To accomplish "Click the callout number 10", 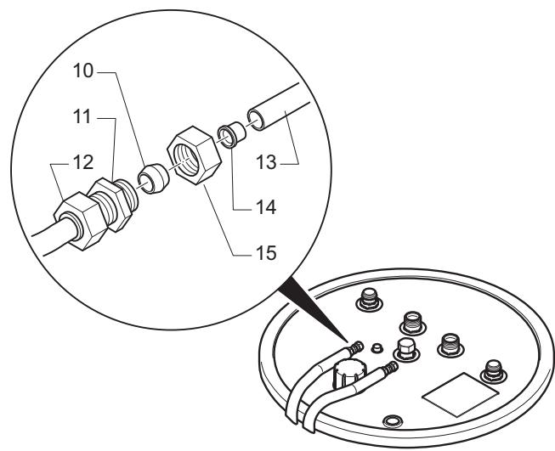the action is point(83,70).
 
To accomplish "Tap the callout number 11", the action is point(82,116).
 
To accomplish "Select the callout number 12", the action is point(83,162).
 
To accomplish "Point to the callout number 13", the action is point(266,162).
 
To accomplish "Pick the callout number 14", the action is point(265,207).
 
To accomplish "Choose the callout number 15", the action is point(265,253).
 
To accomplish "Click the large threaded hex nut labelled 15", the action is point(195,155).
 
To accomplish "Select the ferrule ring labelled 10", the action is point(153,178).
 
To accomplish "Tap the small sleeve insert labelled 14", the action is point(231,134).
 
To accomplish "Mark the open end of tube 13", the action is point(255,120).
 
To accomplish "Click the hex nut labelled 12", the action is point(80,221).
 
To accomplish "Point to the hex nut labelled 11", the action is point(110,205).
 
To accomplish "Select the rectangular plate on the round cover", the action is point(461,394).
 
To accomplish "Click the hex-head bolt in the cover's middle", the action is point(406,349).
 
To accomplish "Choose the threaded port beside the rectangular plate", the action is point(494,370).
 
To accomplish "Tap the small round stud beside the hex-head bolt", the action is point(377,347).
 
